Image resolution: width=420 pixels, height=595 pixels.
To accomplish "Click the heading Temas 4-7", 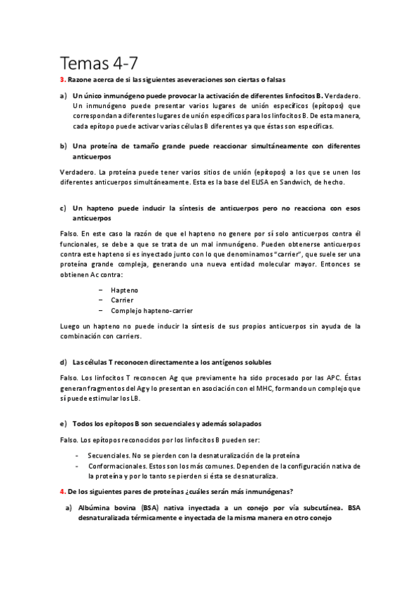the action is pos(98,62).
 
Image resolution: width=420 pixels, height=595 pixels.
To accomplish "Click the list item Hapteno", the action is pos(124,289).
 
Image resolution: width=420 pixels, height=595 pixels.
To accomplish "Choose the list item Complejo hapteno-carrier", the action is pos(152,310).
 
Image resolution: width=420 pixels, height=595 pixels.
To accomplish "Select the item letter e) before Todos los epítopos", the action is pos(65,424).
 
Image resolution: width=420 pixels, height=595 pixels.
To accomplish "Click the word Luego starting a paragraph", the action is pos(72,326).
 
